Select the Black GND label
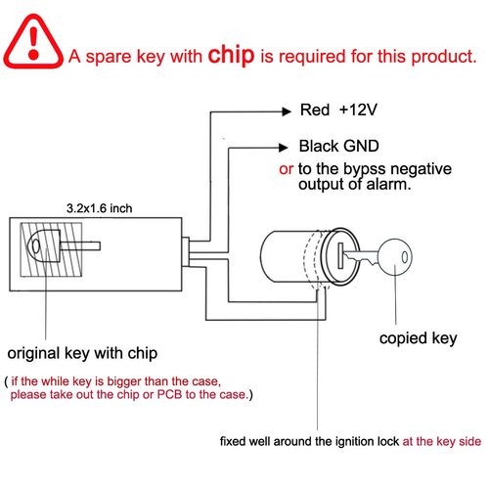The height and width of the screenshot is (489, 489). pos(332,147)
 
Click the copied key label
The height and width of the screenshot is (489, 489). pos(418,339)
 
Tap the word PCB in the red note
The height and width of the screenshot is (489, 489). pos(169,395)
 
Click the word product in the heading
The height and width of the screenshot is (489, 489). pos(441,57)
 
